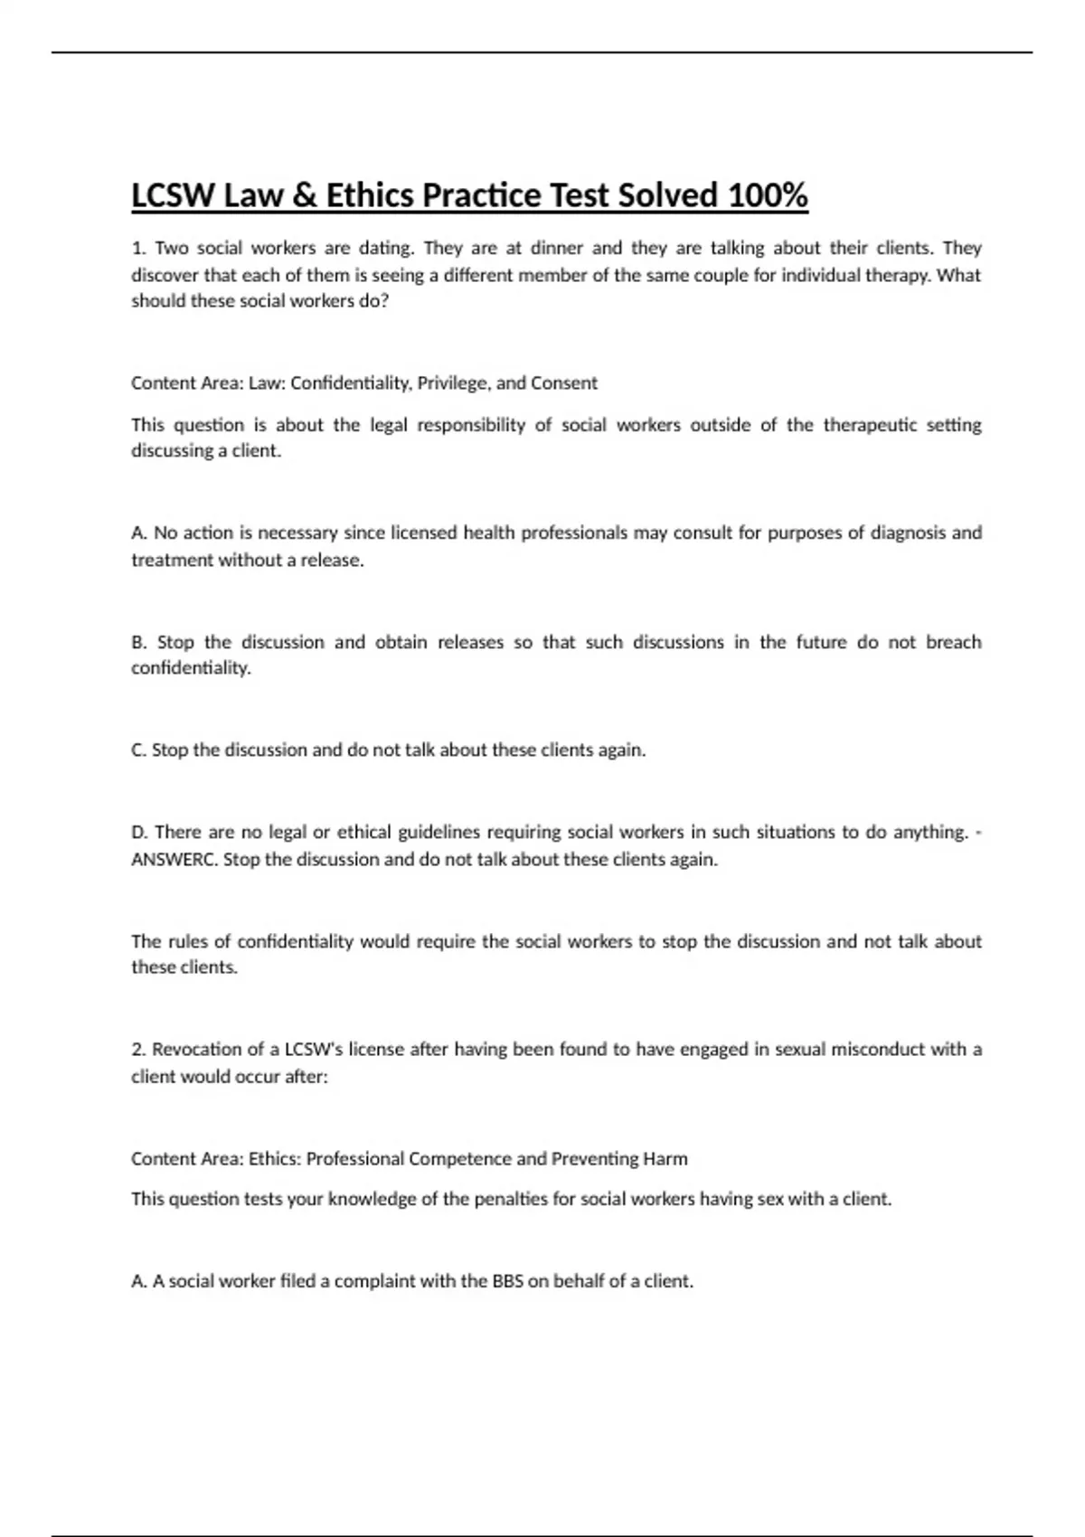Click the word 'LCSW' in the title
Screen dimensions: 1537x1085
coord(173,195)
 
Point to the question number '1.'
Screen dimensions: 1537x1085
coord(138,248)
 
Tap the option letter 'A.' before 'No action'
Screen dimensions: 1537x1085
coord(139,533)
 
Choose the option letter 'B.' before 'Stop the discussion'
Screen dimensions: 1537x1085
coord(139,642)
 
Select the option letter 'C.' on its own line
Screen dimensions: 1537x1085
coord(139,750)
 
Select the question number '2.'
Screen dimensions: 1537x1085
coord(138,1049)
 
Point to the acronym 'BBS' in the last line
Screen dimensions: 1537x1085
coord(507,1280)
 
